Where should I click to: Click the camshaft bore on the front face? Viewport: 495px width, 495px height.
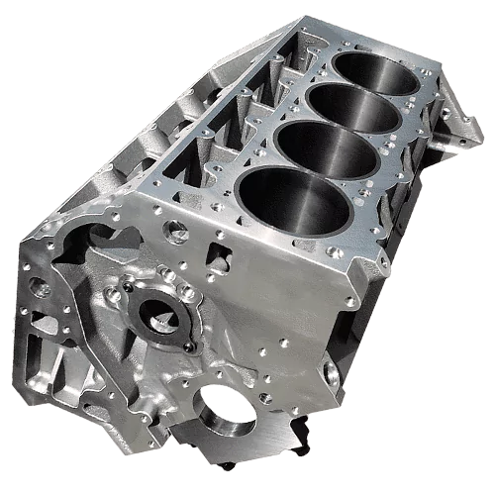pos(155,317)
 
